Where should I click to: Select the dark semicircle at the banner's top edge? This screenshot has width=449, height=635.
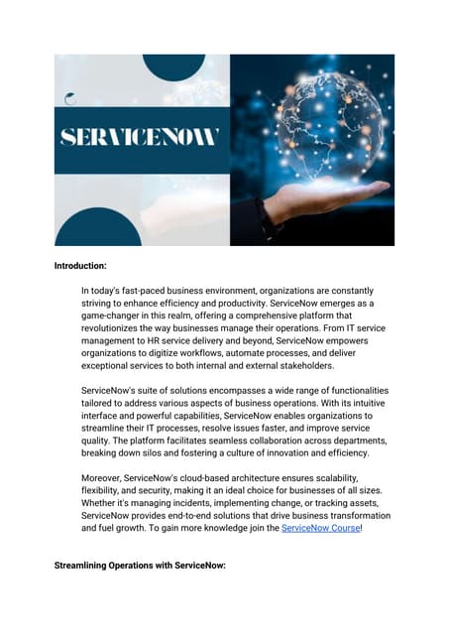(173, 65)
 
